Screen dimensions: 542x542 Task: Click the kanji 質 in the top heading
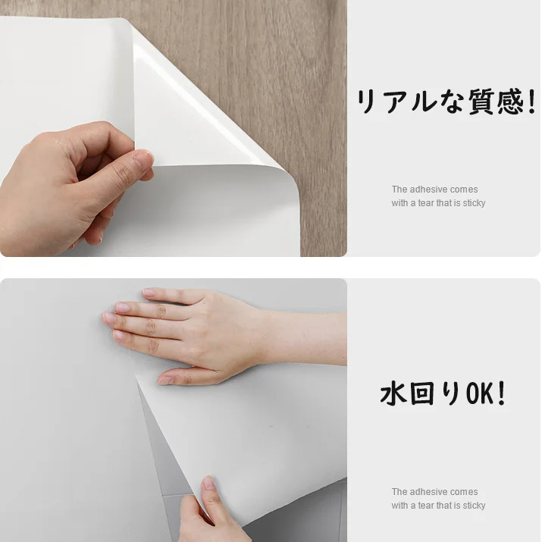(x=481, y=102)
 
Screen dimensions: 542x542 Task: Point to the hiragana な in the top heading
(x=453, y=102)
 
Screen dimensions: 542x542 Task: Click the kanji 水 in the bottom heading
(x=393, y=393)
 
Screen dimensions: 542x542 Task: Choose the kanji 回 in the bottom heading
(x=421, y=393)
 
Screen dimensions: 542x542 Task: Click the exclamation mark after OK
(x=502, y=393)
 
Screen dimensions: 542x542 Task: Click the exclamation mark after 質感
(x=531, y=102)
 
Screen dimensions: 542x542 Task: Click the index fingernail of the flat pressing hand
(x=108, y=318)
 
